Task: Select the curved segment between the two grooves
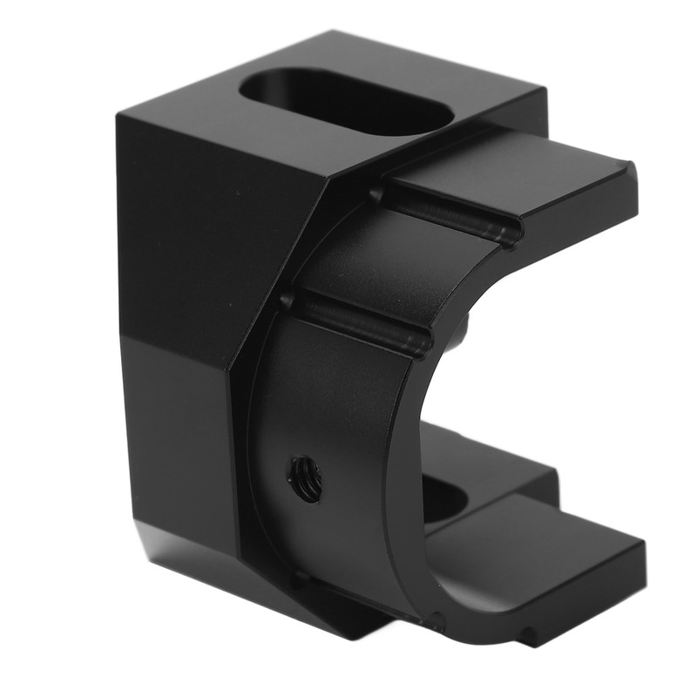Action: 392,270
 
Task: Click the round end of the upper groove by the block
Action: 376,193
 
